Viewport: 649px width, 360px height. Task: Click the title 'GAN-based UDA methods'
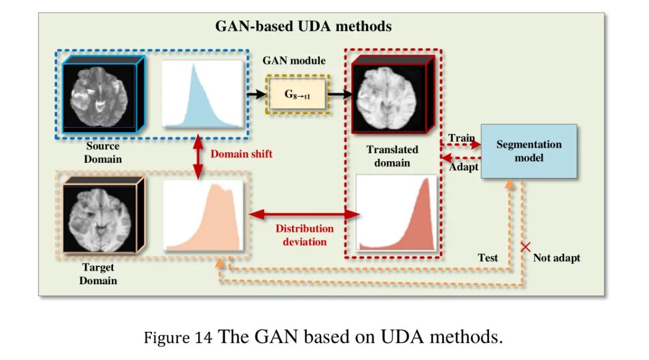(x=303, y=26)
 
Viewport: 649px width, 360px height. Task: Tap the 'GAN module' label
(x=294, y=61)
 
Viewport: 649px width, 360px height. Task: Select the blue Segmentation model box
(x=529, y=151)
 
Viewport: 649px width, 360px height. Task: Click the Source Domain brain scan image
(x=101, y=94)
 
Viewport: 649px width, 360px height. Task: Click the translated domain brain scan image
(x=389, y=95)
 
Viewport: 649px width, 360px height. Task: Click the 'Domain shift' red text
(x=241, y=154)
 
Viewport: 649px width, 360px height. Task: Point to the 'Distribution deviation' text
(x=305, y=235)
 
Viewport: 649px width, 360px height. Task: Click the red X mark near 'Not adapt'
(x=526, y=246)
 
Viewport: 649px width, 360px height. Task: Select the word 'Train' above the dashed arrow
(x=461, y=138)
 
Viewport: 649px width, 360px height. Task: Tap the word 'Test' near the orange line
(x=488, y=258)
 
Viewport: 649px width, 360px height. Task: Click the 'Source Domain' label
(x=103, y=153)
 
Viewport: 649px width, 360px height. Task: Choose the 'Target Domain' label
(x=98, y=274)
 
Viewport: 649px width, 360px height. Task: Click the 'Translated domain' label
(x=392, y=156)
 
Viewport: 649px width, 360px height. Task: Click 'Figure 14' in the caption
(x=178, y=338)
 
